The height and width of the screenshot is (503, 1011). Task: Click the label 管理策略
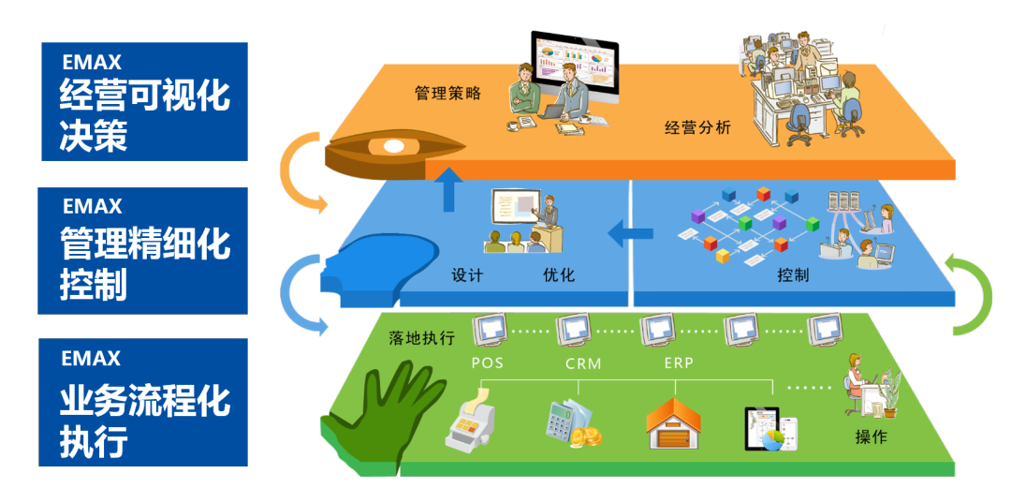click(447, 93)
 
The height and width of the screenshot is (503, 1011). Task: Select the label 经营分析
click(697, 127)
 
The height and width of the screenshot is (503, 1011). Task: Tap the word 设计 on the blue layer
click(467, 274)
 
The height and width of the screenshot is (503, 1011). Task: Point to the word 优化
click(559, 274)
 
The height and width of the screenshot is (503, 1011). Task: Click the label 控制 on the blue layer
click(793, 275)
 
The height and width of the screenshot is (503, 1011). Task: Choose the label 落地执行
click(421, 337)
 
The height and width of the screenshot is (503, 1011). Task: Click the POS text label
click(487, 362)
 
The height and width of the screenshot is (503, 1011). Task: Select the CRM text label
click(583, 362)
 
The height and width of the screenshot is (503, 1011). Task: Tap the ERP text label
click(679, 362)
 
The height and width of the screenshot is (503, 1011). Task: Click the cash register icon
click(473, 424)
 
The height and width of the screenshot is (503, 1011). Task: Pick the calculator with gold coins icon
click(572, 423)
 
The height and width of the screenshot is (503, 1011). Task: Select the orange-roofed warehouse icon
click(673, 423)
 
